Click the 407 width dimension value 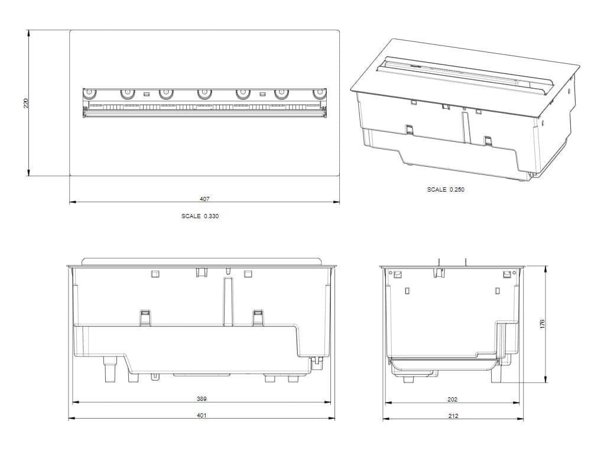click(x=204, y=199)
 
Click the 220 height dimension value click(x=25, y=103)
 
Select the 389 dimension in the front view click(x=202, y=399)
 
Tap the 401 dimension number click(x=202, y=416)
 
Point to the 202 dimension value click(x=452, y=400)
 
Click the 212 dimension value click(x=453, y=416)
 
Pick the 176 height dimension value click(x=542, y=324)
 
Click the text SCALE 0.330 click(x=200, y=216)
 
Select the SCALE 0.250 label click(x=446, y=190)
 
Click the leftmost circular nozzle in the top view click(x=89, y=93)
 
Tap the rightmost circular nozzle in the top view click(x=320, y=93)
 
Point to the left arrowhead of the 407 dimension click(x=72, y=202)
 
